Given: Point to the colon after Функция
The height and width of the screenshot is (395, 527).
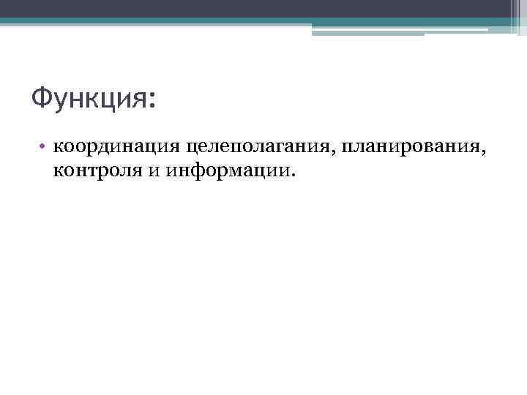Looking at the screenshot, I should point(152,101).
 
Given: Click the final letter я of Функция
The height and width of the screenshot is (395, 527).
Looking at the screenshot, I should point(140,99).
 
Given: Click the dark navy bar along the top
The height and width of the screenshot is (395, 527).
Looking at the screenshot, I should point(263,8).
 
